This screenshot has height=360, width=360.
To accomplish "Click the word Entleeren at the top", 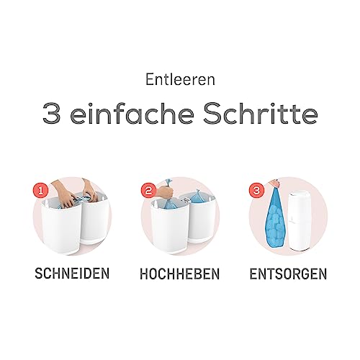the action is point(180,79).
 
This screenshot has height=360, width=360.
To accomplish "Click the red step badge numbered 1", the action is point(41,191).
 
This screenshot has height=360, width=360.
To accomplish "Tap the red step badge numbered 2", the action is point(149,191).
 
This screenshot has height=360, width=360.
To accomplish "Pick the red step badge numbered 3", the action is point(256,191).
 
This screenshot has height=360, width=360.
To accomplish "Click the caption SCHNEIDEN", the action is point(72,274).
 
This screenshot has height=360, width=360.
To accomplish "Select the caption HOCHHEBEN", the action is point(180,274).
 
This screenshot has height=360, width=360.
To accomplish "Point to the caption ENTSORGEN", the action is point(288,274).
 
